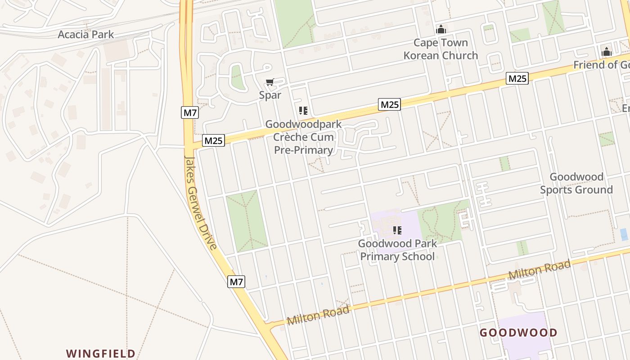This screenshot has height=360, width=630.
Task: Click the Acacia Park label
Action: pos(85,35)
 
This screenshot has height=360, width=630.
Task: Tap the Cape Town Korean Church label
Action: pos(441,49)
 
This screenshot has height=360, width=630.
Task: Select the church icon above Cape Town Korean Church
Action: pos(441,30)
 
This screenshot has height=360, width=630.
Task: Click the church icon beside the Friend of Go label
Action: pos(607,52)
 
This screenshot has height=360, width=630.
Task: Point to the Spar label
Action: pos(270,95)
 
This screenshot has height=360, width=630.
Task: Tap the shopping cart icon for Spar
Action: pos(270,82)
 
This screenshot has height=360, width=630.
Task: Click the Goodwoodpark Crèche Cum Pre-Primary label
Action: pos(304,137)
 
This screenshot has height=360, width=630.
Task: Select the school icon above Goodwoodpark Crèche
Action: pos(303,110)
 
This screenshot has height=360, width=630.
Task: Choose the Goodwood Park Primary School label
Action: pos(397,250)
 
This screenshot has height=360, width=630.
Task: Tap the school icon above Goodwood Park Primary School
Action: pos(397,230)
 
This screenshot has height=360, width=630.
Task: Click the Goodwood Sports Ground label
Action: pos(576,183)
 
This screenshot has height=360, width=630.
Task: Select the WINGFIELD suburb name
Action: pos(101,353)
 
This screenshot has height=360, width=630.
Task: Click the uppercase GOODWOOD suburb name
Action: pos(518,333)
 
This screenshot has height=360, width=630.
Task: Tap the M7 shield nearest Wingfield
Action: pos(236,282)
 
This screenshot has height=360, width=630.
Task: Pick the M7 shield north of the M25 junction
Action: pos(190,112)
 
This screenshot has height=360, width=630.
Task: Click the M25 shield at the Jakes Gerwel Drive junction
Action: pos(213,140)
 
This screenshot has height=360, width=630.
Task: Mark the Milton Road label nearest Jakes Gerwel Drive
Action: pos(318,315)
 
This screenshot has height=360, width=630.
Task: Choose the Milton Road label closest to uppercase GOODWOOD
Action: pos(540,269)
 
